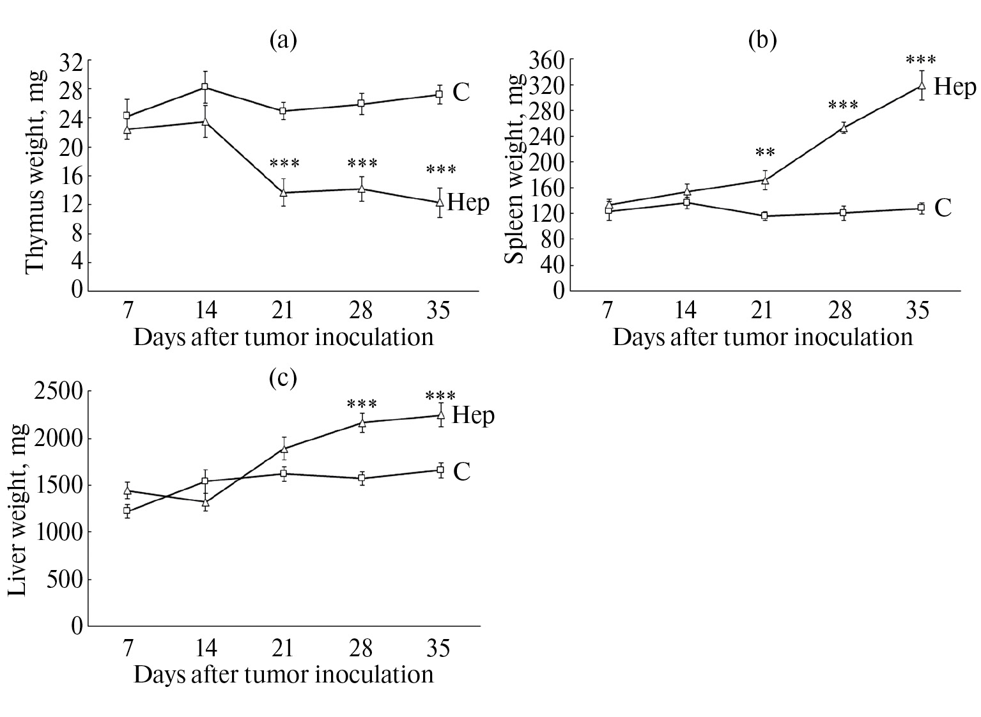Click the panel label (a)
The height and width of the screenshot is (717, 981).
(283, 40)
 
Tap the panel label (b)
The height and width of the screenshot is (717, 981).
(762, 40)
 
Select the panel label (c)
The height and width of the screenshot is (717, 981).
(283, 378)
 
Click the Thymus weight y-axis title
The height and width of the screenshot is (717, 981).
(36, 174)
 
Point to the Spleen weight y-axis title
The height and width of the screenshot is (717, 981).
(515, 168)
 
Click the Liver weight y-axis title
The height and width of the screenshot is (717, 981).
(18, 509)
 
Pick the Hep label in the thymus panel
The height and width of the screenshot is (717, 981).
(468, 203)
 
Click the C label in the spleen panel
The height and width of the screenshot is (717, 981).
(943, 208)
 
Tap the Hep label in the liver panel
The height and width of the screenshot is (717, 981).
(473, 415)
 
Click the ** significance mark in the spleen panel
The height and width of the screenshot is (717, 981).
(765, 153)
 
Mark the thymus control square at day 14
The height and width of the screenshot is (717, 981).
(205, 87)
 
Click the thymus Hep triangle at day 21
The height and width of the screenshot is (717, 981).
(283, 192)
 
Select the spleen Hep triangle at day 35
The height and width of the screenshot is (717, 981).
(922, 85)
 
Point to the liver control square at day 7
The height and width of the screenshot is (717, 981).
(127, 511)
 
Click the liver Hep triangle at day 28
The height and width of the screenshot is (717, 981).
(362, 422)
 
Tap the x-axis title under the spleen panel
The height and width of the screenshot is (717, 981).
(762, 337)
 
